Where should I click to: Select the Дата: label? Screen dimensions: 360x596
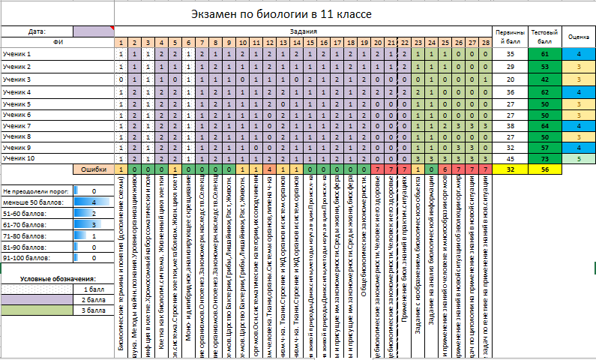pos(37,31)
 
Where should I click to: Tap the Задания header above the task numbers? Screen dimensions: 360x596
pos(304,31)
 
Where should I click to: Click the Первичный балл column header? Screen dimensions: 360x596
pos(510,36)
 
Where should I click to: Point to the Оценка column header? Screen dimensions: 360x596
pos(578,36)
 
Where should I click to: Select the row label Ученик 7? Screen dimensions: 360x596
pos(16,127)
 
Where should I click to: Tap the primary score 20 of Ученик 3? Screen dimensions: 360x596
pos(510,79)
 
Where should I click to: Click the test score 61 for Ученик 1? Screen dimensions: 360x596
pos(544,55)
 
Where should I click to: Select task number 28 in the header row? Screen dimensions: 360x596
pos(486,43)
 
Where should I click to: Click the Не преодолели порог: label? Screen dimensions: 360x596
pos(36,192)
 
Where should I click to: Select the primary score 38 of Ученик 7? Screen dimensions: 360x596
pos(510,127)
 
